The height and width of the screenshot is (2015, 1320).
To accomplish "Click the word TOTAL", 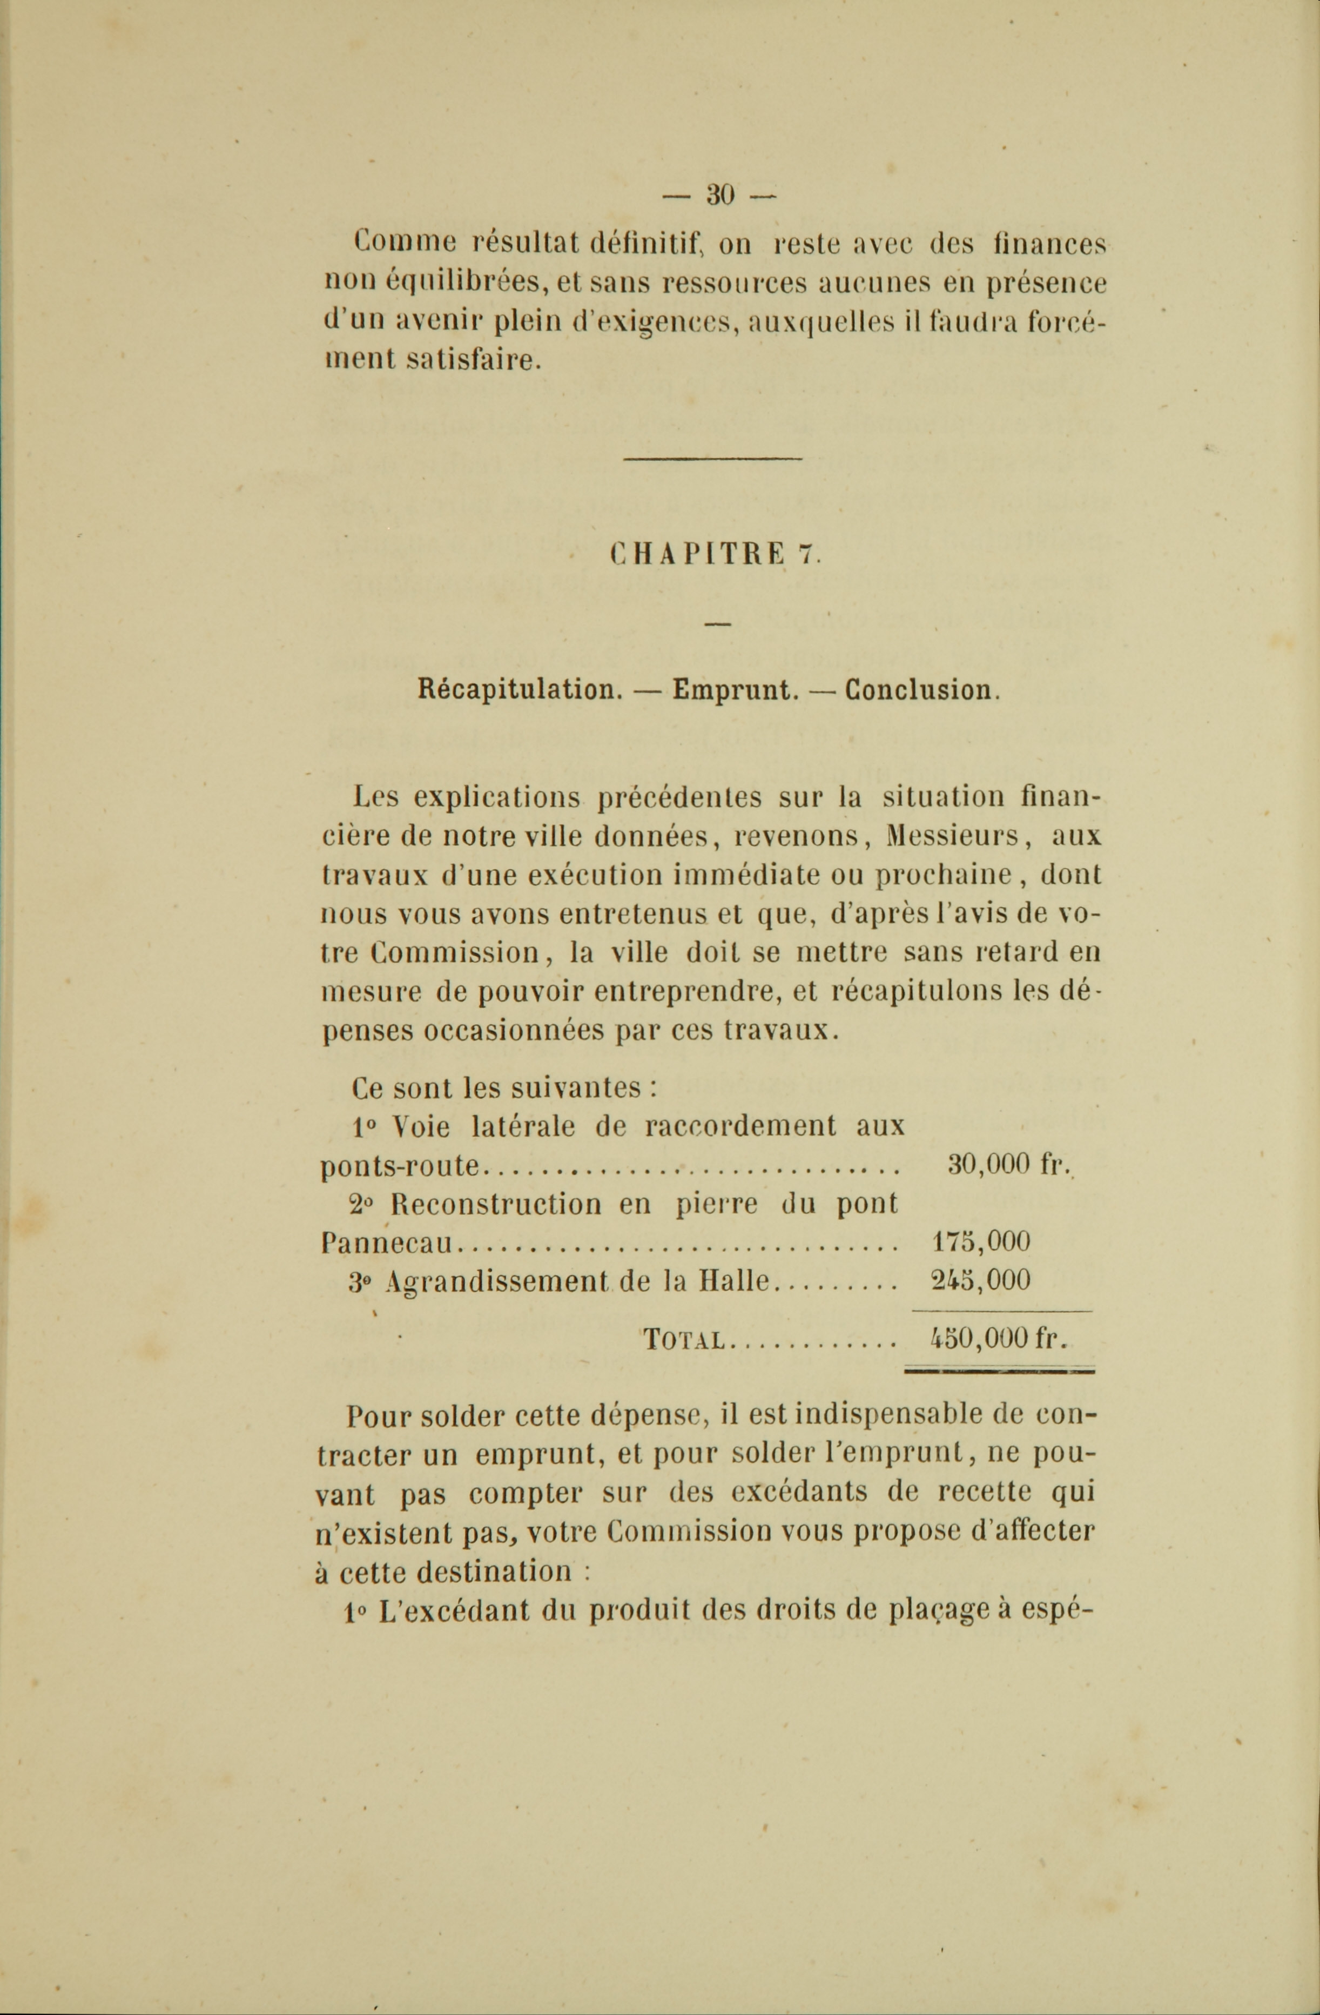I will [683, 1341].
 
